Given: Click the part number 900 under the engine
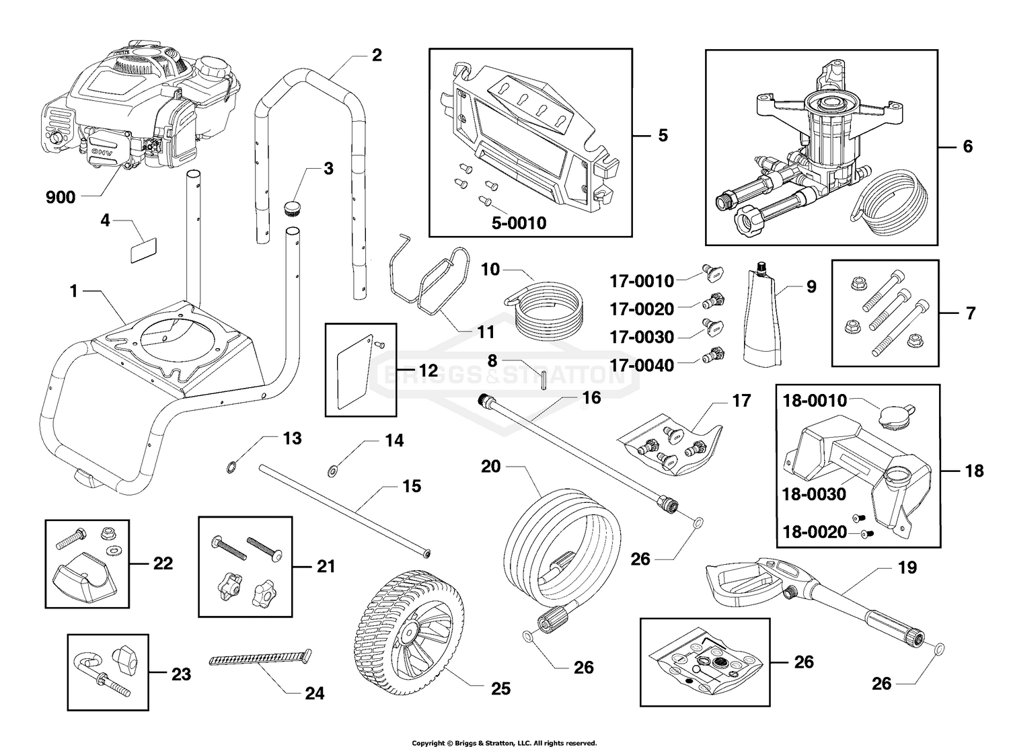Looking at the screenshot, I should [60, 197].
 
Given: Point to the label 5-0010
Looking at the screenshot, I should [518, 223].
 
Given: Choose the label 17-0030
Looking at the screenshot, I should [641, 336].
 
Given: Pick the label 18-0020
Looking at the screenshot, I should [814, 532].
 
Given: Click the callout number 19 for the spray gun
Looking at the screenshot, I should [907, 567].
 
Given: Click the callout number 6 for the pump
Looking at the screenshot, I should [967, 146].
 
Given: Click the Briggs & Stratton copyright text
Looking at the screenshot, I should [504, 743].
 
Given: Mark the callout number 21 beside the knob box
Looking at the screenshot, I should [326, 567].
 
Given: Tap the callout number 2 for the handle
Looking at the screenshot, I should [376, 55].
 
